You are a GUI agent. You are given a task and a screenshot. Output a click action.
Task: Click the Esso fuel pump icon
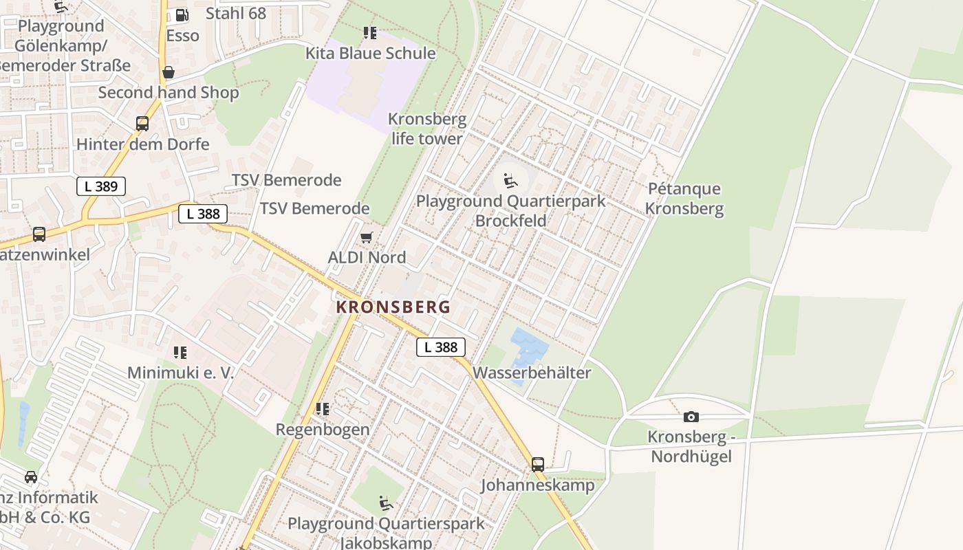point(182,14)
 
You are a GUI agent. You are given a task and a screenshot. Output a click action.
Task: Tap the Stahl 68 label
point(236,13)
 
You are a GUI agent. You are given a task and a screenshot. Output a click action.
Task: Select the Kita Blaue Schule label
point(370,53)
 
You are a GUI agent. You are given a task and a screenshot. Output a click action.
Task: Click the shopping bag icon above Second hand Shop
point(168,72)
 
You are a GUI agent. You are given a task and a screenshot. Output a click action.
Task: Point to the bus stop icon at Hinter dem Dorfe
point(142,124)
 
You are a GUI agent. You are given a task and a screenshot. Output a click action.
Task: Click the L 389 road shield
point(101,186)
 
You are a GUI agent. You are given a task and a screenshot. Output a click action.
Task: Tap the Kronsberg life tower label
point(427,129)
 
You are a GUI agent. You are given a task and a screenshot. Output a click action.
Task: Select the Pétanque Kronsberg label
point(684,198)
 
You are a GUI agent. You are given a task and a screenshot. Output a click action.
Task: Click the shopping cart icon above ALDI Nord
point(367,238)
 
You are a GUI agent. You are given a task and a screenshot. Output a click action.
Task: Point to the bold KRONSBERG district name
point(393,307)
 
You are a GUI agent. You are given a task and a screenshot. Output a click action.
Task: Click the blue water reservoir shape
point(528,348)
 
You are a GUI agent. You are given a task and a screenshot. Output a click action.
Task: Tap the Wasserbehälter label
point(532,373)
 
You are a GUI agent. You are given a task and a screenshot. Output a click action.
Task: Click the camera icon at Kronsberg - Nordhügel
point(691,417)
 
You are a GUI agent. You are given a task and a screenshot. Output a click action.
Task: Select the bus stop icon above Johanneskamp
point(538,464)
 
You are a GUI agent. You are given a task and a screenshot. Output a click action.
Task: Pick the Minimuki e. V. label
point(180,373)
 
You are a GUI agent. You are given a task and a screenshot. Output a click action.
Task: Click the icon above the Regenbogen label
point(323,409)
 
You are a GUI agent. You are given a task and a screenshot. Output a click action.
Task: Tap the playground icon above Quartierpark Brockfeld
point(510,181)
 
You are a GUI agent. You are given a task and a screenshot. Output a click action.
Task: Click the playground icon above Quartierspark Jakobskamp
point(386,503)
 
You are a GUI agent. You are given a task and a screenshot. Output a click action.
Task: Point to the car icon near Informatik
point(31,476)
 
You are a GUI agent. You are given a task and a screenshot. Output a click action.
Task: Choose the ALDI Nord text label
point(367,257)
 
